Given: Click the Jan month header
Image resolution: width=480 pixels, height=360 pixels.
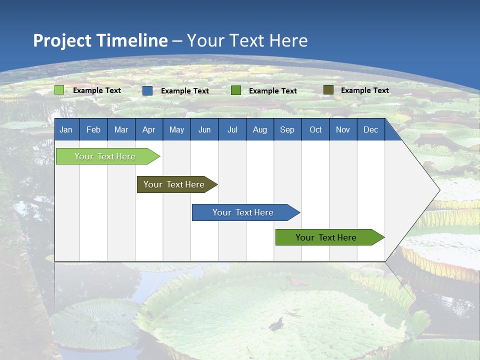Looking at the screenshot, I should pos(66,129).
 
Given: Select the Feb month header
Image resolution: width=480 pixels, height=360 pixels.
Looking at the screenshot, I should pos(93,129).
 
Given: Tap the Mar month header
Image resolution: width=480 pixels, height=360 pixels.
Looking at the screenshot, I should pos(121,129).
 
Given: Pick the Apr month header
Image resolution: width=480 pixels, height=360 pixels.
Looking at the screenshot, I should pos(148,129).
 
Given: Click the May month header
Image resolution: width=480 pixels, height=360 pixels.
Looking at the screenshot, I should pos(176,129).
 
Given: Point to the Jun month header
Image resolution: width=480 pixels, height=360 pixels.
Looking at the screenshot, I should pos(204,129).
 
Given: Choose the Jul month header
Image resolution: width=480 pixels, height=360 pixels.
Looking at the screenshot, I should pos(232,129).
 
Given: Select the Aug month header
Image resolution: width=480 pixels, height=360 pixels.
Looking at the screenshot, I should pos(259,129).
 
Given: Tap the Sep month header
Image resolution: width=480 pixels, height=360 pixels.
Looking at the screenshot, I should pos(287,129).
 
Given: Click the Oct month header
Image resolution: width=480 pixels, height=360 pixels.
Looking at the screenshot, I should pos(315,129).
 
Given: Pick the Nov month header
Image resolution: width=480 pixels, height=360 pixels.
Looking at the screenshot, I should pos(343,129).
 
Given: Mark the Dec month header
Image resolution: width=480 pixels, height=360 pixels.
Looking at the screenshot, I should pos(370,129).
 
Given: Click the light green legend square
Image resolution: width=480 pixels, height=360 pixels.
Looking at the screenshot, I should pos(59,90).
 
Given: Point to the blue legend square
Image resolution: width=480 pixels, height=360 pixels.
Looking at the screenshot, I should pos(147,90).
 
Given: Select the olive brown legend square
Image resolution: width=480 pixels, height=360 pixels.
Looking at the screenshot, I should pos(328,90).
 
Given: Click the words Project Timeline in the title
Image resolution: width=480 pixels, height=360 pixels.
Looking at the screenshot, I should pos(100,40).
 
